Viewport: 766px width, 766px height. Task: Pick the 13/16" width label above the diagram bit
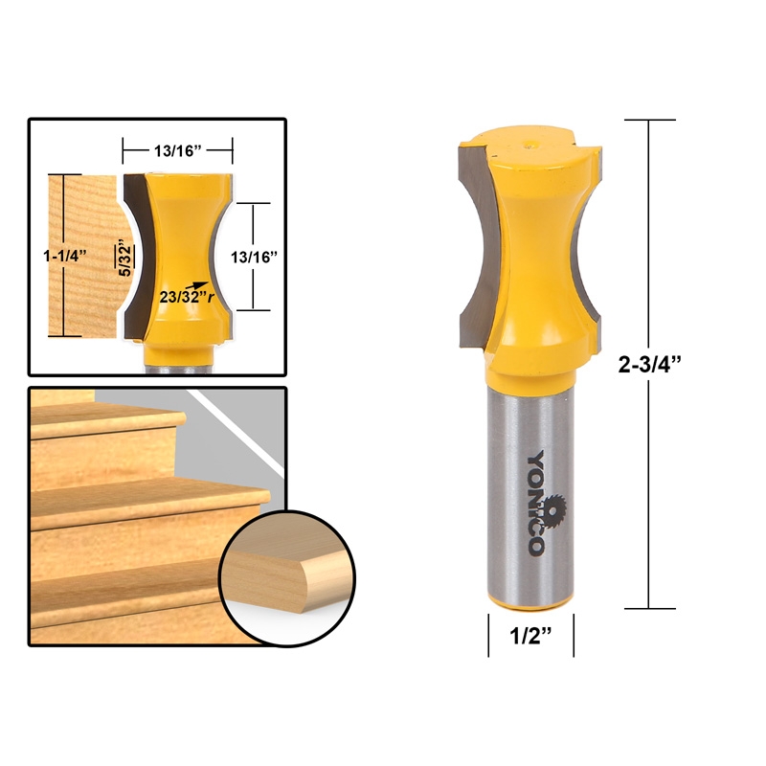178,149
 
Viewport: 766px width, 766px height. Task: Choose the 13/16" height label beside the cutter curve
253,256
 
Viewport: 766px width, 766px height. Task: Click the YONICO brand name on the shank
537,503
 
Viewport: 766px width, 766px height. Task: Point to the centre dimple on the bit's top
532,146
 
